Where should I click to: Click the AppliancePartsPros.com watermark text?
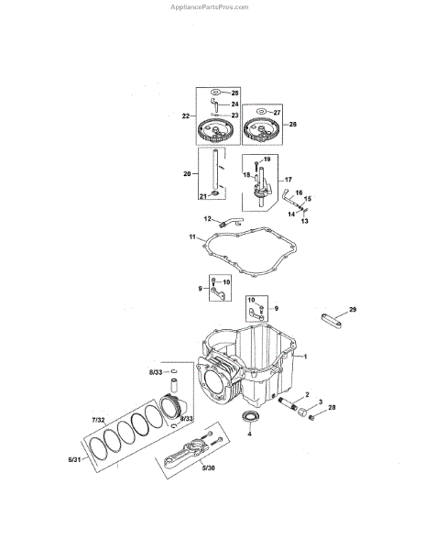point(209,7)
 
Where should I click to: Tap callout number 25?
point(234,93)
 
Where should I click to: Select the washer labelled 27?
point(261,112)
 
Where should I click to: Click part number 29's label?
point(353,310)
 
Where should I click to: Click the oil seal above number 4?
point(249,417)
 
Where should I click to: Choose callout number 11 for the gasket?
point(192,237)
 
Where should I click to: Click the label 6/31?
point(74,459)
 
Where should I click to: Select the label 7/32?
point(98,420)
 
